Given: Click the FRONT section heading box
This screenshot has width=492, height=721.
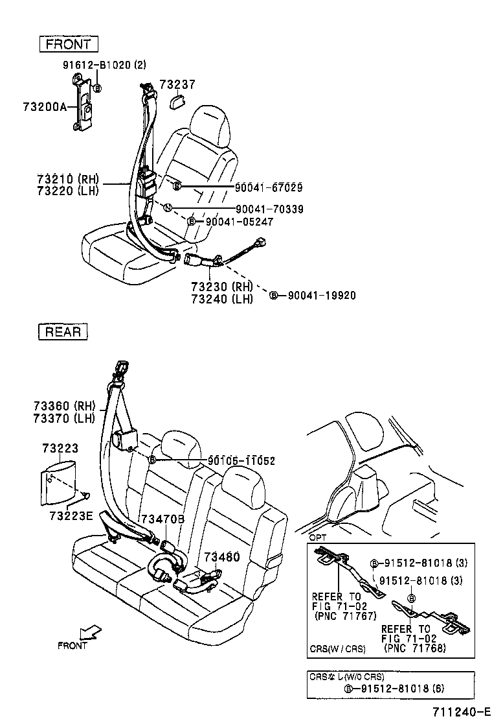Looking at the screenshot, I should click(x=69, y=44).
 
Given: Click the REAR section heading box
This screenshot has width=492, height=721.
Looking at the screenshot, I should click(x=64, y=331).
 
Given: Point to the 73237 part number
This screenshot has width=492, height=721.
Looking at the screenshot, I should click(x=177, y=84).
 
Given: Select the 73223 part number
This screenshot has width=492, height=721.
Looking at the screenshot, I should click(x=60, y=449).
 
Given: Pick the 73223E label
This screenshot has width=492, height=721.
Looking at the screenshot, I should click(x=71, y=515).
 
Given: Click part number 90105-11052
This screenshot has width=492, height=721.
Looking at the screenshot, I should click(x=241, y=461).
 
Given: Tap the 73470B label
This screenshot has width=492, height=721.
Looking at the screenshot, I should click(x=162, y=519).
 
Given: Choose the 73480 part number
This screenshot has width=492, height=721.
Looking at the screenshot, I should click(x=221, y=557).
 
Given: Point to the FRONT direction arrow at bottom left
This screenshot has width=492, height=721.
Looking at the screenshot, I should click(x=91, y=632).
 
